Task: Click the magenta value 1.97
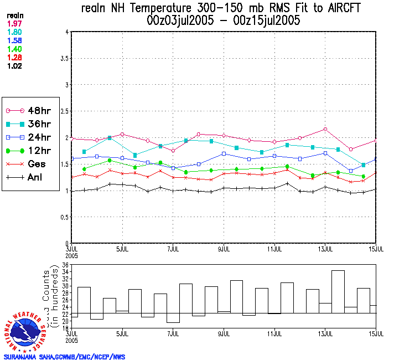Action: [x=14, y=23]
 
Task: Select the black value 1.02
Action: [x=14, y=66]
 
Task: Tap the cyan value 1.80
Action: [x=14, y=32]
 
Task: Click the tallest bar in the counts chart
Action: [x=338, y=292]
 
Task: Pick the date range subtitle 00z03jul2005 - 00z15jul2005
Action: [x=224, y=21]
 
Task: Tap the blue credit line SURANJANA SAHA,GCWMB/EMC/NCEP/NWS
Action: [x=65, y=357]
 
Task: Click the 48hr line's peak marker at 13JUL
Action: [x=325, y=129]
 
